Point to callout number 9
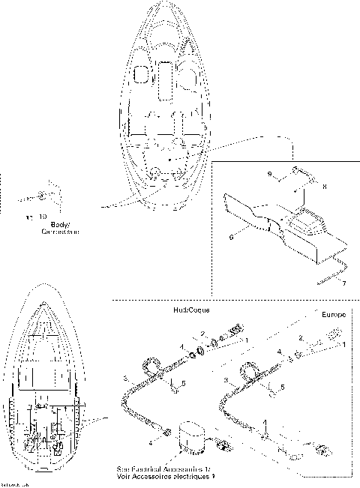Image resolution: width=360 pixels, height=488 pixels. pyautogui.click(x=269, y=173)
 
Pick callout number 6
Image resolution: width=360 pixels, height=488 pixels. pyautogui.click(x=232, y=235)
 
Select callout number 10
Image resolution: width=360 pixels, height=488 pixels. pyautogui.click(x=31, y=217)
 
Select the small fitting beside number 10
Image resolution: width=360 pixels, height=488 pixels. pyautogui.click(x=39, y=199)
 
